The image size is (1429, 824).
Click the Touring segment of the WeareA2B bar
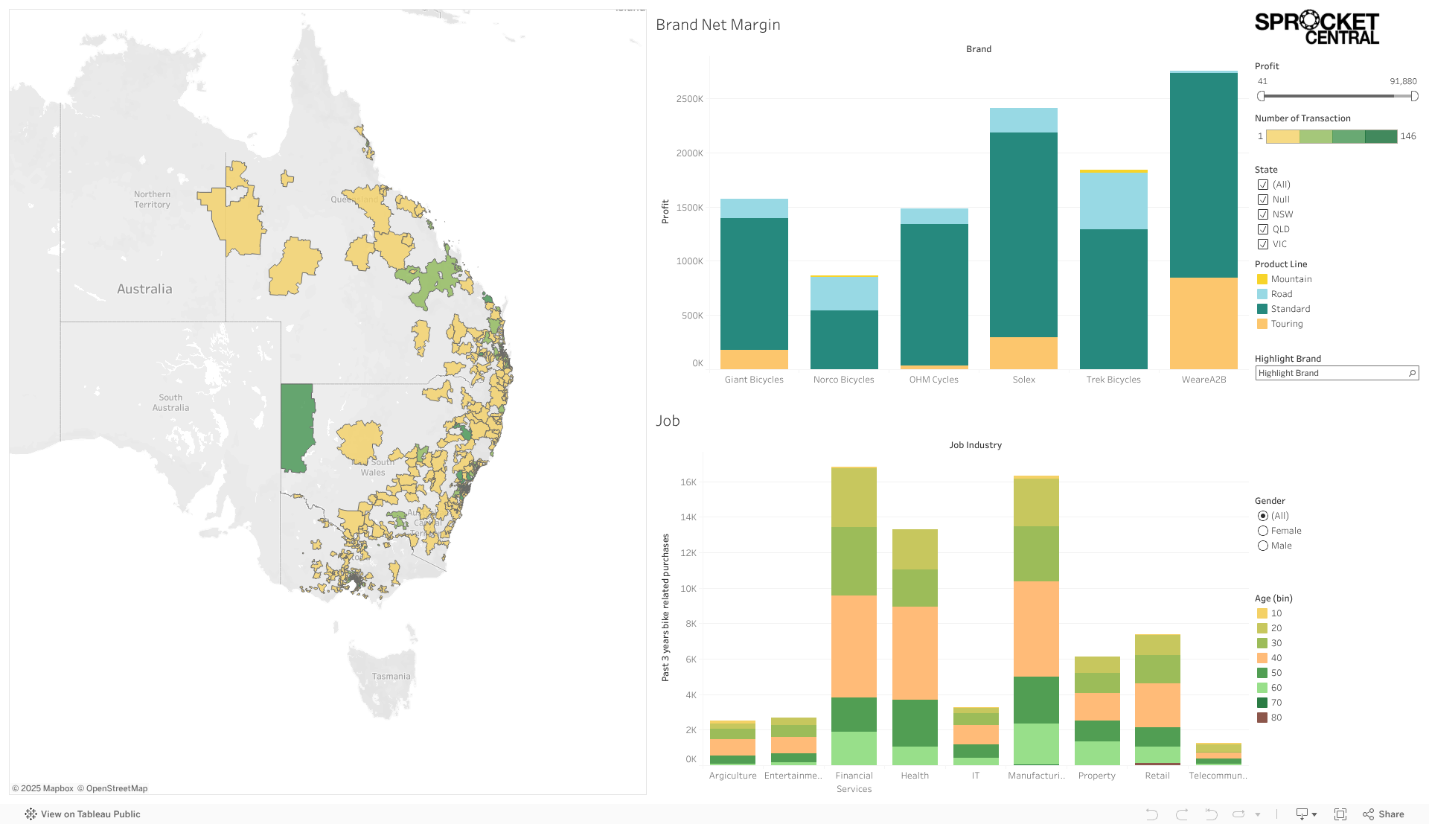[x=1203, y=323]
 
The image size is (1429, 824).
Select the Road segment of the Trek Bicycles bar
[x=1113, y=200]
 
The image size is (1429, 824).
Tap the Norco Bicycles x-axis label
[x=843, y=380]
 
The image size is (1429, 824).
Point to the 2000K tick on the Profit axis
[x=689, y=153]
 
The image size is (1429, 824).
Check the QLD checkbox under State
[x=1263, y=229]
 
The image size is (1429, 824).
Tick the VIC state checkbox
[x=1263, y=244]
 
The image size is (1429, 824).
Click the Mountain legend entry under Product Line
[x=1291, y=279]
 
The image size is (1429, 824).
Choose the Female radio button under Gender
[x=1263, y=531]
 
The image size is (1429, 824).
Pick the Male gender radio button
[x=1263, y=546]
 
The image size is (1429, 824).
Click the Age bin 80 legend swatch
[x=1262, y=718]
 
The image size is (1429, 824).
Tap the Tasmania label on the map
[x=391, y=677]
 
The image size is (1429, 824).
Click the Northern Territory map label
[x=152, y=199]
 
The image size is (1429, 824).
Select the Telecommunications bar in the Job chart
[x=1218, y=754]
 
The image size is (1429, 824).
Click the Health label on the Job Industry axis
[x=915, y=776]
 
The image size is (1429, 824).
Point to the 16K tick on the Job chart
[x=688, y=482]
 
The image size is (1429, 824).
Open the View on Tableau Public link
[x=83, y=814]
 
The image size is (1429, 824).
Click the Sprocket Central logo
[x=1317, y=28]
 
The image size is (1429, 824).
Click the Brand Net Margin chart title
[x=717, y=25]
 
